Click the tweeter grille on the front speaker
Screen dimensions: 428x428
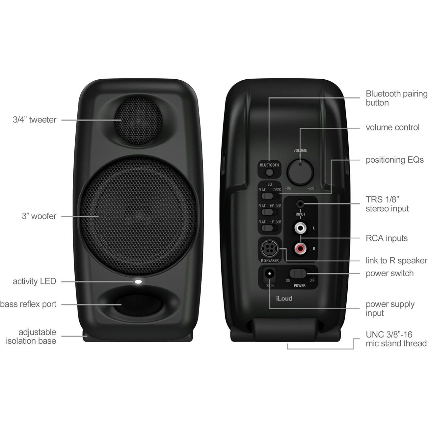click(x=138, y=120)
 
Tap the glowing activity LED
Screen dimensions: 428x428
click(x=138, y=281)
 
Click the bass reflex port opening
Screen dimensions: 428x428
click(x=138, y=305)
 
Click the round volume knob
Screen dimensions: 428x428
click(x=300, y=173)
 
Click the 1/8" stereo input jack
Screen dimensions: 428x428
click(x=300, y=203)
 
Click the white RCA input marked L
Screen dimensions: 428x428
click(x=300, y=228)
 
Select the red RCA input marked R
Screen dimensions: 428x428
click(x=300, y=248)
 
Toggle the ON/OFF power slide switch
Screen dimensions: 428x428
click(x=298, y=273)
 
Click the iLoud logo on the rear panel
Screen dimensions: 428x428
click(x=284, y=299)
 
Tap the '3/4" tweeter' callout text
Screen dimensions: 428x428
click(x=35, y=120)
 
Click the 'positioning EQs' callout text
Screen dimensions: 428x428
click(x=395, y=160)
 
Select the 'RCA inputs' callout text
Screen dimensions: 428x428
click(x=387, y=238)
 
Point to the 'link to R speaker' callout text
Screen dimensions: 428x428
click(x=396, y=260)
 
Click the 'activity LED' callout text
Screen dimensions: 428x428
click(x=35, y=281)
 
